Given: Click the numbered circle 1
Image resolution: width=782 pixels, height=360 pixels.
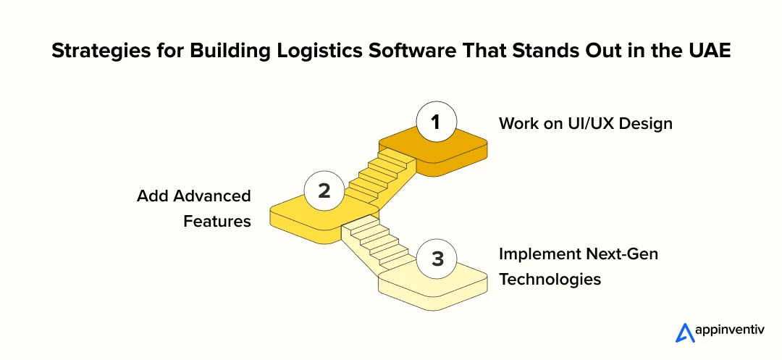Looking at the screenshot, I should point(435,122).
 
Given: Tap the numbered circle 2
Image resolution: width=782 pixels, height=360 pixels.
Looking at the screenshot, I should point(324,191).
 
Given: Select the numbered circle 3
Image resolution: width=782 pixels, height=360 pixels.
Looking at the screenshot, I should point(437,259).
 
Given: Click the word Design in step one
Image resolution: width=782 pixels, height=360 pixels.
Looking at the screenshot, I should point(646,124).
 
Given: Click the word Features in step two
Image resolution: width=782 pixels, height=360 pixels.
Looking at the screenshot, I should point(216,221).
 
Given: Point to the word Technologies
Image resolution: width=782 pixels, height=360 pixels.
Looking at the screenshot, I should point(550,279).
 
